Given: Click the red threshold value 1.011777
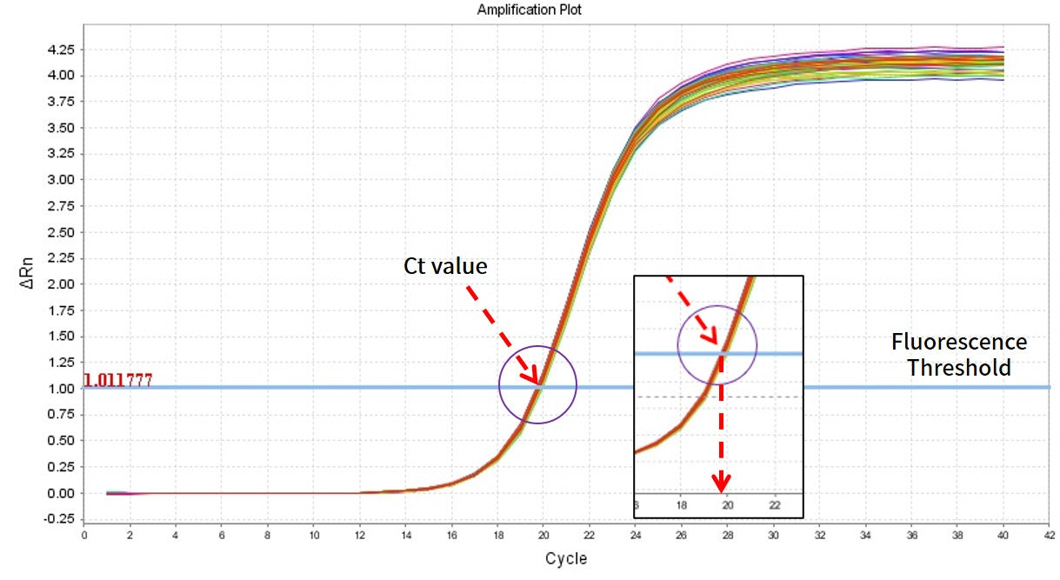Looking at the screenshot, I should tap(117, 380).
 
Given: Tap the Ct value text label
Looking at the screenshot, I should tap(444, 266).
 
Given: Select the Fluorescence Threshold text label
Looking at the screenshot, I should tap(959, 355).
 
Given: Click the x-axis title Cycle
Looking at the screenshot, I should tap(565, 559).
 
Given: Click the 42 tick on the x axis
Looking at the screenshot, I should tap(1050, 536).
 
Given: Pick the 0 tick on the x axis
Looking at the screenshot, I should tap(84, 536).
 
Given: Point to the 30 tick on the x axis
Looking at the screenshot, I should tap(773, 536).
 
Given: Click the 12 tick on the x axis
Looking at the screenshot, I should tap(359, 536).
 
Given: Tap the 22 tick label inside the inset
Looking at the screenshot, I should tap(775, 504).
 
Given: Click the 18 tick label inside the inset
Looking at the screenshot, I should tap(682, 504).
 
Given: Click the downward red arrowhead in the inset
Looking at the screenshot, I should tap(722, 483).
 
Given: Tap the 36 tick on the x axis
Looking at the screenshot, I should tap(911, 536).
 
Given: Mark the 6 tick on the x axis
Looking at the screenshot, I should tap(222, 536).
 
